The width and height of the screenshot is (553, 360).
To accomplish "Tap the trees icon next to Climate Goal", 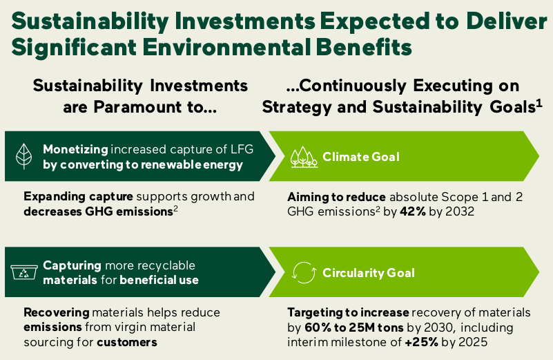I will click(x=303, y=157).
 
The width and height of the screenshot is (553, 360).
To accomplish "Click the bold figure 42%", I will click(x=415, y=211).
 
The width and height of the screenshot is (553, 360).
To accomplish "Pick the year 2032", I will click(x=459, y=211).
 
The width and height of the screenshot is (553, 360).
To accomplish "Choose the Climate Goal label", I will click(x=360, y=157).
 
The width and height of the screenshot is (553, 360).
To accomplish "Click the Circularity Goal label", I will click(x=369, y=273).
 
